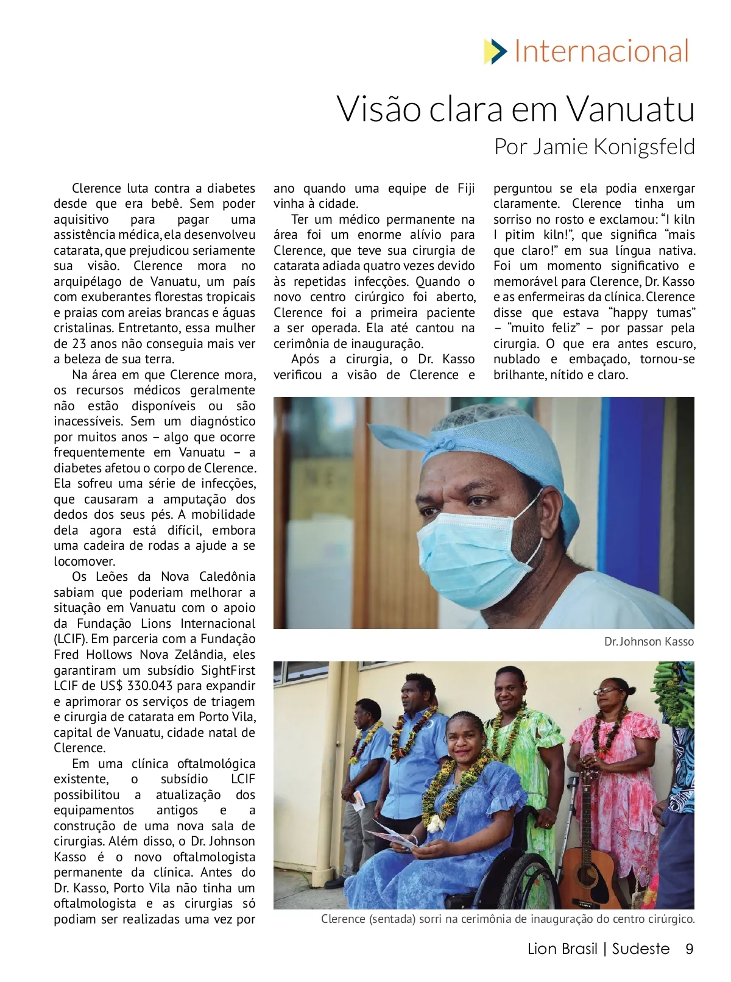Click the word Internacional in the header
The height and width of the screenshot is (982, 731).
pyautogui.click(x=601, y=51)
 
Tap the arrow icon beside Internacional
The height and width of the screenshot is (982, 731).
pyautogui.click(x=495, y=51)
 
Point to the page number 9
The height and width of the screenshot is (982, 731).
pyautogui.click(x=689, y=949)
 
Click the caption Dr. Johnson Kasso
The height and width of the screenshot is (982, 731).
pyautogui.click(x=649, y=642)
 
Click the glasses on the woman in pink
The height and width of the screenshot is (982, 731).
pyautogui.click(x=606, y=691)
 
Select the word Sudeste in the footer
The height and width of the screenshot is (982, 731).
pyautogui.click(x=640, y=949)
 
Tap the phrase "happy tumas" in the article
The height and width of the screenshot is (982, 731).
pyautogui.click(x=652, y=313)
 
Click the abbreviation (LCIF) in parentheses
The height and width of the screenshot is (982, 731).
pyautogui.click(x=71, y=639)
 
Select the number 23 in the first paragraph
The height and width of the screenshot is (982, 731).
pyautogui.click(x=80, y=344)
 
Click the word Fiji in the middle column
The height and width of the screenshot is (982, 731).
pyautogui.click(x=465, y=188)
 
